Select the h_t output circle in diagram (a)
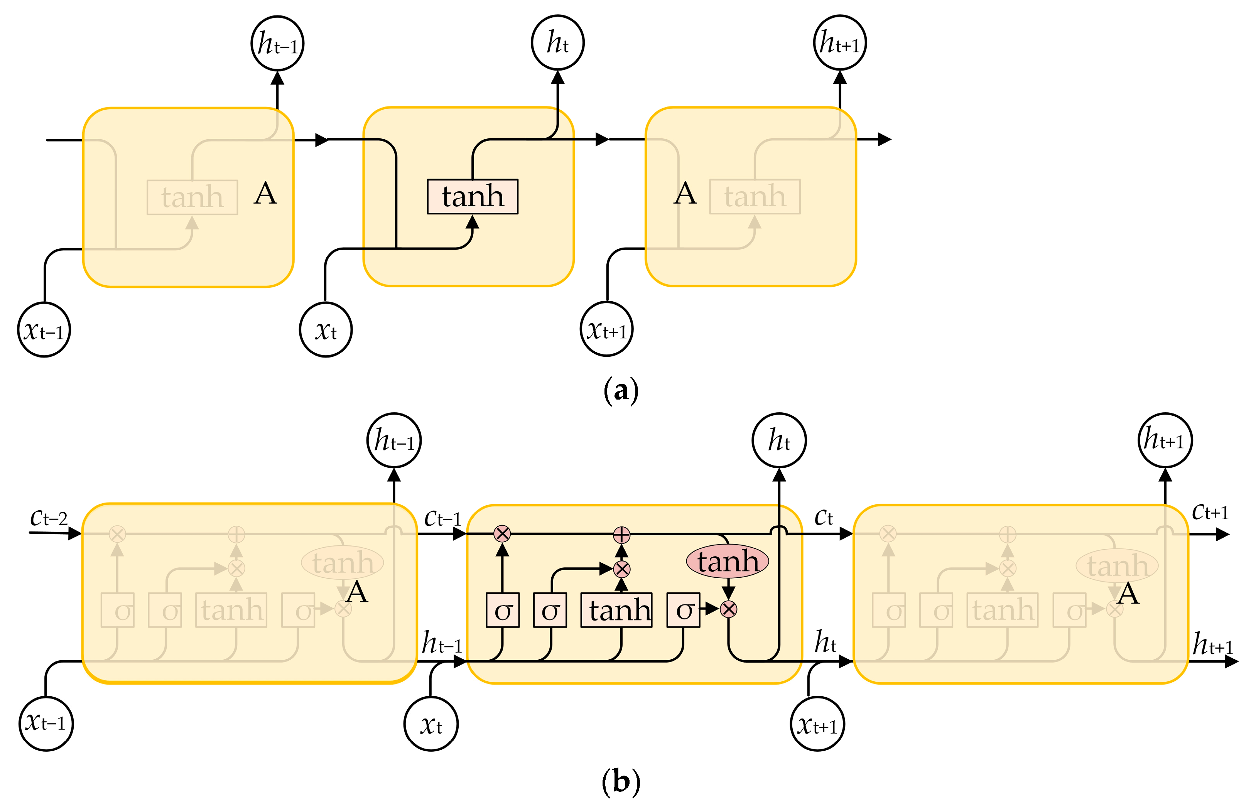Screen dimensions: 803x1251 (x=557, y=43)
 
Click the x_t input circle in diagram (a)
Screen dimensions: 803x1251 (x=326, y=329)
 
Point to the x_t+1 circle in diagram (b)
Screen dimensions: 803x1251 (x=817, y=724)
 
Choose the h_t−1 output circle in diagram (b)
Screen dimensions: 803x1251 (x=394, y=440)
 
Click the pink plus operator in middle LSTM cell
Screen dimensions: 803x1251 (x=621, y=535)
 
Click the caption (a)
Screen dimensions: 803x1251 (x=621, y=390)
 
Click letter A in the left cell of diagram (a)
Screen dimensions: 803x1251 (x=265, y=194)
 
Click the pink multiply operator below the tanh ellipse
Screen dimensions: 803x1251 (x=728, y=609)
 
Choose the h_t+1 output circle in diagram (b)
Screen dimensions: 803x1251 (x=1165, y=440)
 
